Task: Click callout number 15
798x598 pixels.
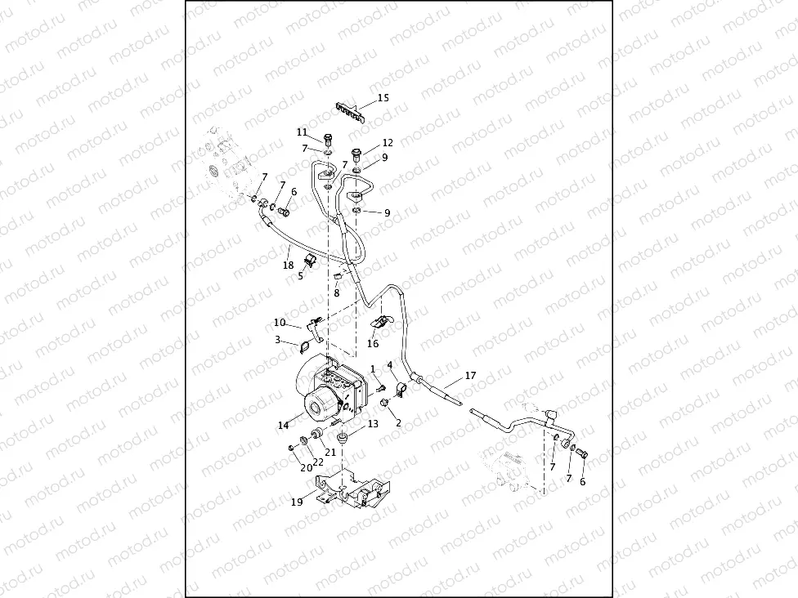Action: coord(383,98)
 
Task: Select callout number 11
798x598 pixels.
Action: coord(303,132)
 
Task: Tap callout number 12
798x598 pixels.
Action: coord(388,143)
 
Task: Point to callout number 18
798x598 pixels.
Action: coord(288,265)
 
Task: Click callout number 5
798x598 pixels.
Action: coord(301,276)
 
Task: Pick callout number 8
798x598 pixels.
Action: coord(336,292)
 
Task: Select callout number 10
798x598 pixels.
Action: coord(280,323)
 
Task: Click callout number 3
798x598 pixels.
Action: coord(278,339)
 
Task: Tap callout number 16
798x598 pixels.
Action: coord(373,344)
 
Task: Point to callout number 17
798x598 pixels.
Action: coord(470,376)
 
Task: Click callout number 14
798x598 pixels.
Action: coord(283,425)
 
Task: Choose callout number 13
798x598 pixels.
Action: coord(373,424)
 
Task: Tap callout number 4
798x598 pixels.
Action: coord(390,364)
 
